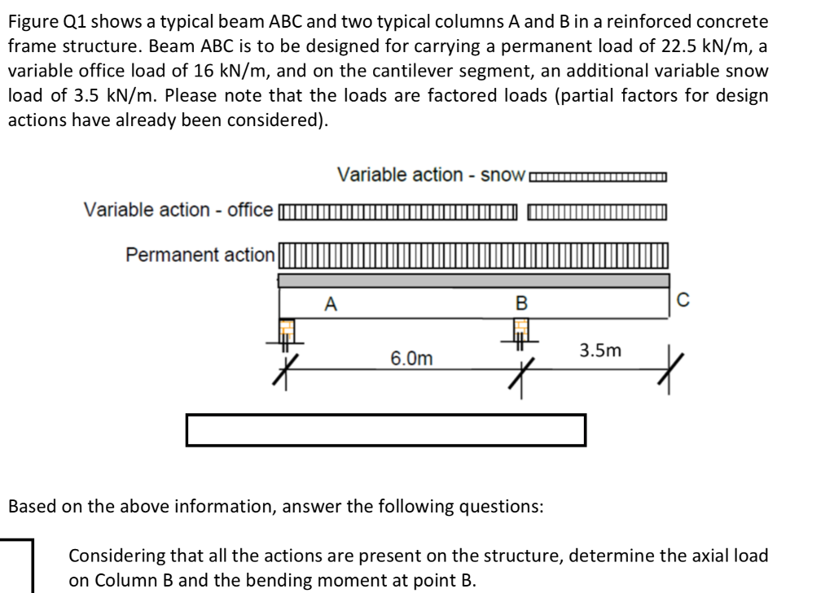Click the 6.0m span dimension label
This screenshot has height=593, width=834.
pyautogui.click(x=411, y=359)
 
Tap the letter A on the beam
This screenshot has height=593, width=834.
pyautogui.click(x=330, y=305)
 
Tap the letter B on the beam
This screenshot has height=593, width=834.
pyautogui.click(x=522, y=305)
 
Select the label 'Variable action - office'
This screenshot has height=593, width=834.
pyautogui.click(x=178, y=210)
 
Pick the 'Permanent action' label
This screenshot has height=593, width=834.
pyautogui.click(x=200, y=255)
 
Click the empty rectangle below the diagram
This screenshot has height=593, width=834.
pyautogui.click(x=386, y=430)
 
